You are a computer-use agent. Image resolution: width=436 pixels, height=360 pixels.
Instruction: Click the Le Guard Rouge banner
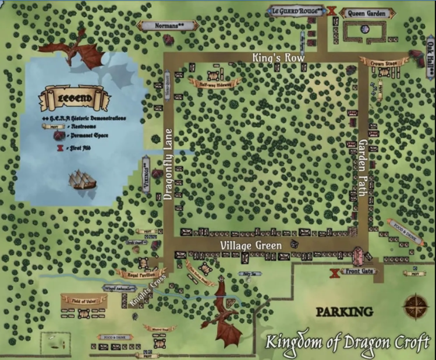296,10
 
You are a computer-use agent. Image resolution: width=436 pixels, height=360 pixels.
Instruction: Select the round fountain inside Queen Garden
364,29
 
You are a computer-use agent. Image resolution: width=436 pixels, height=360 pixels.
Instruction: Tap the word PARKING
344,312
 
